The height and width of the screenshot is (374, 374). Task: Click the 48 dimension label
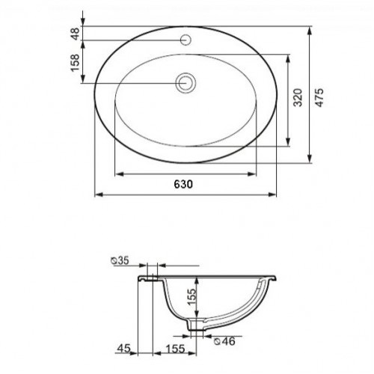coord(76,34)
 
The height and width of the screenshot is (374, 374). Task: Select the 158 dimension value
coord(76,63)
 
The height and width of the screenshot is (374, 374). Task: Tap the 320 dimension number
coord(298,97)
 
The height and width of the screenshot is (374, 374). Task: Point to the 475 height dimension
coord(319,97)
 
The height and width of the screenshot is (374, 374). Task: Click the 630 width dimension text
coord(183,184)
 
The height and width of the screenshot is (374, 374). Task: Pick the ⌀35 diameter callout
coord(120,260)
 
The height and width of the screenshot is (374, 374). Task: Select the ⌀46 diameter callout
coord(224,341)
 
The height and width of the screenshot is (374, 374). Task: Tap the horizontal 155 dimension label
coord(176,349)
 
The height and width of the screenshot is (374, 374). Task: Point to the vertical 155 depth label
coord(192,297)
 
